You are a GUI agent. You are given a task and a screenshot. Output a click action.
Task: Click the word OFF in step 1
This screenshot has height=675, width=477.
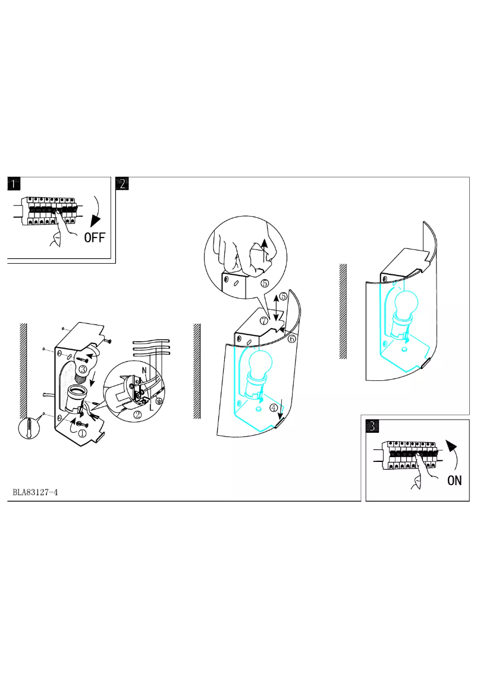click(95, 238)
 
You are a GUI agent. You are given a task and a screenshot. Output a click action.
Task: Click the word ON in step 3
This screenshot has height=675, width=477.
click(454, 480)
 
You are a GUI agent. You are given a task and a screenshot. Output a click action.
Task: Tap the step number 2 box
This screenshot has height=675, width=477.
click(122, 183)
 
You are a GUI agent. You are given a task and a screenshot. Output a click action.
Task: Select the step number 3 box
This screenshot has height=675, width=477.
click(372, 426)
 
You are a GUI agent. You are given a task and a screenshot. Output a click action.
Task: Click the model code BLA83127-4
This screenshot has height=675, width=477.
click(36, 493)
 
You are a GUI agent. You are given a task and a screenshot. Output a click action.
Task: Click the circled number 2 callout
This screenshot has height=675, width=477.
click(137, 415)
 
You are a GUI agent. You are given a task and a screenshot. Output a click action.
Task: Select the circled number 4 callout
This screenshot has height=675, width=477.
click(273, 408)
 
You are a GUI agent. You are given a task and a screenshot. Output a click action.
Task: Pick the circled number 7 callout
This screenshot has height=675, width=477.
click(263, 320)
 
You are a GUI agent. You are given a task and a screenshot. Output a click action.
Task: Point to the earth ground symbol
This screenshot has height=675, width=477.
click(159, 401)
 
